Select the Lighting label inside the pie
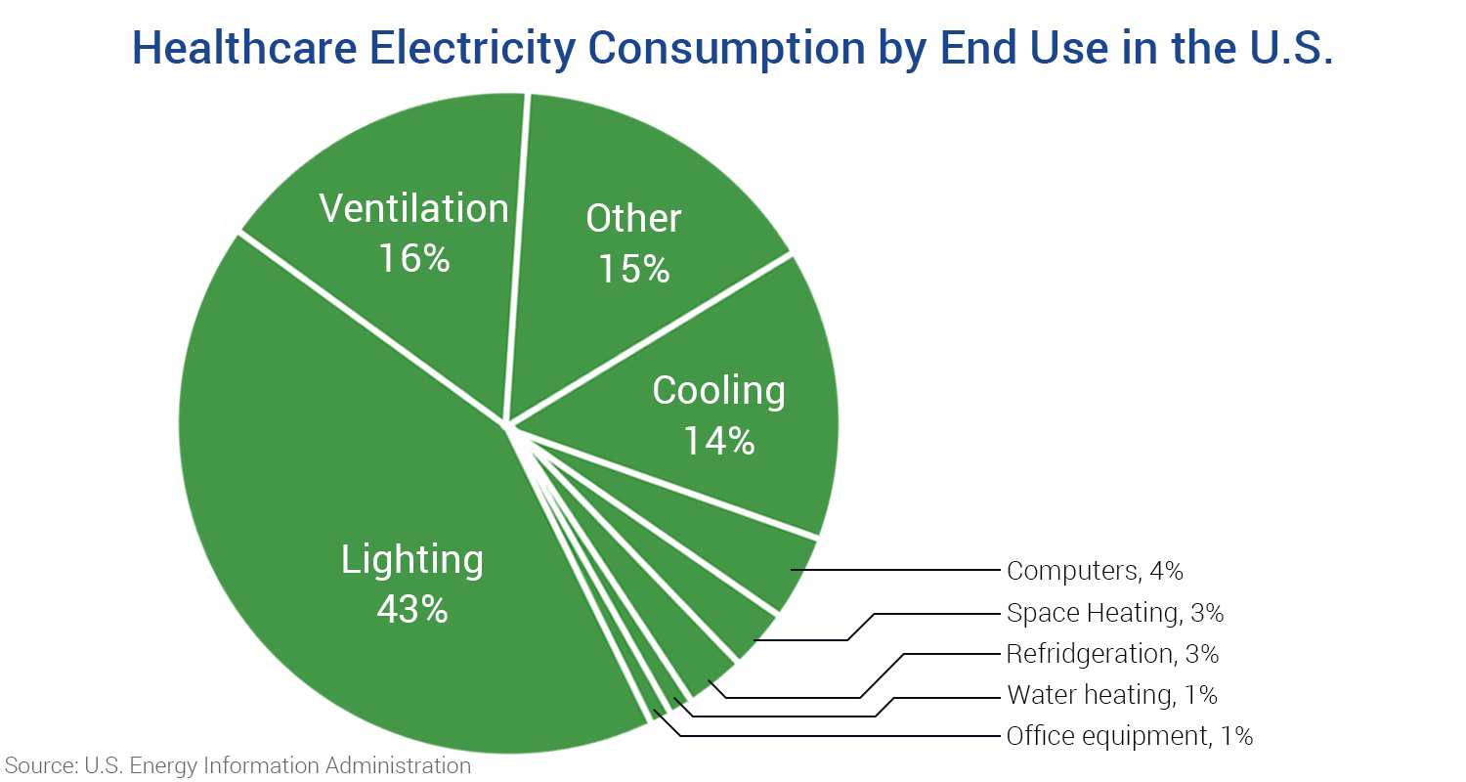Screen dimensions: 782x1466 (x=411, y=560)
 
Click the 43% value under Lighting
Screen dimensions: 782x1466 (x=411, y=609)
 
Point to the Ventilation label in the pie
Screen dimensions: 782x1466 (x=413, y=208)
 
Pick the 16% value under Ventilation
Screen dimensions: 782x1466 (x=413, y=258)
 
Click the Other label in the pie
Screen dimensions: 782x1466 (x=633, y=218)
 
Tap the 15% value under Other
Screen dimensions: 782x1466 (x=633, y=268)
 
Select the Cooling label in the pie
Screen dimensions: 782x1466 (x=718, y=390)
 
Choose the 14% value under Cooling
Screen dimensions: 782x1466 (x=718, y=440)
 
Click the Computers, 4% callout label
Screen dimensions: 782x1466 (x=1095, y=571)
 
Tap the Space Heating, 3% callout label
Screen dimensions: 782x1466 (x=1114, y=613)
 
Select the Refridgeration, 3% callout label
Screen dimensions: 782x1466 (x=1112, y=653)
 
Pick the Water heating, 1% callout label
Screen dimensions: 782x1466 (x=1111, y=695)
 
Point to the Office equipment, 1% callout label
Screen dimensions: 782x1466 (x=1129, y=736)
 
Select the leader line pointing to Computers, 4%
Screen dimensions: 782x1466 (x=899, y=570)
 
